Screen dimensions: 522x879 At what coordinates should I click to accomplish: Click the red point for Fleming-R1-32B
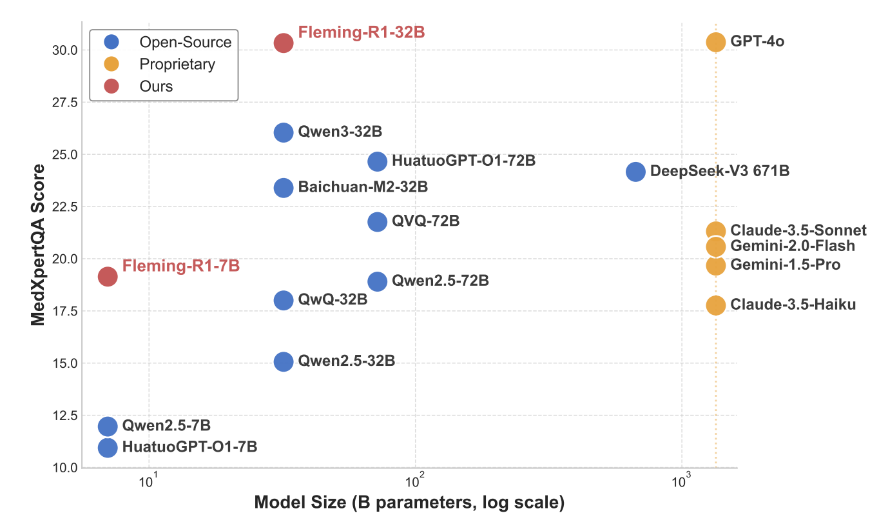[x=284, y=43]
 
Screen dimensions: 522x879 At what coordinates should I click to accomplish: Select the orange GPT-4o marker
[x=715, y=43]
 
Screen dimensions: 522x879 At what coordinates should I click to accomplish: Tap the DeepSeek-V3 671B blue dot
[x=635, y=172]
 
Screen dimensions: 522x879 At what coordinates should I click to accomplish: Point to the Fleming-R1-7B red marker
[x=108, y=276]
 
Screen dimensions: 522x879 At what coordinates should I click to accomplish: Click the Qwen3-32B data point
[x=284, y=132]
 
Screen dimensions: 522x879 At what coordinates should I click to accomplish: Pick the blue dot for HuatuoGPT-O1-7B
[x=108, y=447]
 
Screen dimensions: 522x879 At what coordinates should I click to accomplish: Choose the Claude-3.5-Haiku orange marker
[x=715, y=305]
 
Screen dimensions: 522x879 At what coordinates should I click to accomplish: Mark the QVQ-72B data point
[x=377, y=222]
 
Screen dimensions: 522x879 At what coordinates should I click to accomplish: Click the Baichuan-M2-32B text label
[x=363, y=188]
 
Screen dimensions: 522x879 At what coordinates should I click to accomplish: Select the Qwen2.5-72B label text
[x=440, y=281]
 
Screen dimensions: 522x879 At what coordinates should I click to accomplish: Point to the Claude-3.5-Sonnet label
[x=798, y=230]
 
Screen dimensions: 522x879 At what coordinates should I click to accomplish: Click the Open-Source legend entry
[x=186, y=42]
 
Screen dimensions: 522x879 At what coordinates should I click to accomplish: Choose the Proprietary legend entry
[x=177, y=64]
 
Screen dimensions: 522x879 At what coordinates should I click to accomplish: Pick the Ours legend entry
[x=157, y=86]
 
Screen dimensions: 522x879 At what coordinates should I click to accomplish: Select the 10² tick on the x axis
[x=416, y=481]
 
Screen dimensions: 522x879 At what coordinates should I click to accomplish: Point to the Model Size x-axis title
[x=409, y=503]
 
